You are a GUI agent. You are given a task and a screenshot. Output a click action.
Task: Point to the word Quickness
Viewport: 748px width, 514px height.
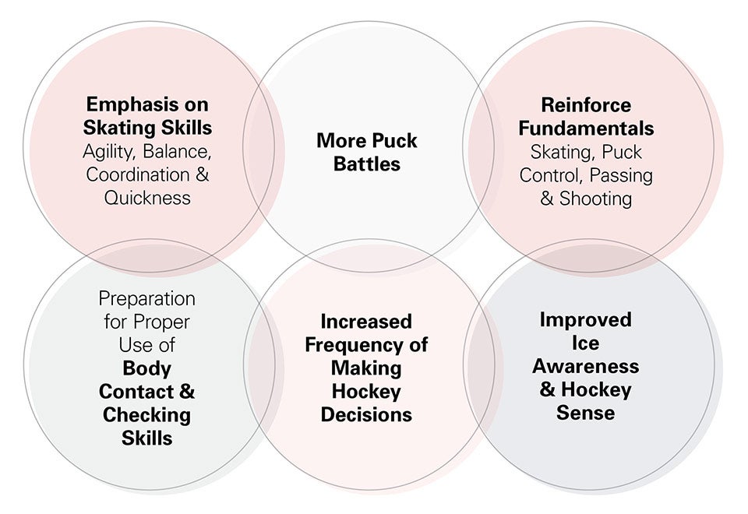point(147,197)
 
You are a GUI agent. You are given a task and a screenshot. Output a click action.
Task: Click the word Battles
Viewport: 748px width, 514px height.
point(367,164)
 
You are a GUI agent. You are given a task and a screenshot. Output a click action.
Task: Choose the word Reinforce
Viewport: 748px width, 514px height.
point(586,105)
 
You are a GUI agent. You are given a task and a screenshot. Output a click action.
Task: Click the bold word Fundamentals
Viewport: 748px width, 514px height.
point(586,128)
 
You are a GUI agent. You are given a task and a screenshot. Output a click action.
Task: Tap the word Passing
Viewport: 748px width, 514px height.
point(621,176)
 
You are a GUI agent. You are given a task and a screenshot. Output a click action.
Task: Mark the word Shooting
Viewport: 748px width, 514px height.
point(595,199)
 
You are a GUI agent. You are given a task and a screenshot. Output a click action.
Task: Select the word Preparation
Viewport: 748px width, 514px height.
point(147,299)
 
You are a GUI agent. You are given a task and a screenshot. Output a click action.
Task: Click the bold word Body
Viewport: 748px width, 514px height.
point(147,368)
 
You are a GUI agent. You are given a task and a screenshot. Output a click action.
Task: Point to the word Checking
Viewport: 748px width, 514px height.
point(147,415)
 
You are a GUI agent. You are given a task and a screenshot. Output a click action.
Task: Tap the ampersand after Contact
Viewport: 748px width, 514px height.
point(187,392)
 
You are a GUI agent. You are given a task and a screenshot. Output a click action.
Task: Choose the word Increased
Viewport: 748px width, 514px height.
point(366,322)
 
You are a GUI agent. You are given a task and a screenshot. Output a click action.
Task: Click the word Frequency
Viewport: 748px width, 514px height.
point(355,345)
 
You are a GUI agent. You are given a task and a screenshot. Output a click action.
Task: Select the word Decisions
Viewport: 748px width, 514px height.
point(366,415)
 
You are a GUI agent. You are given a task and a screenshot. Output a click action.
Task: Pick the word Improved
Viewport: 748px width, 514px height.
point(586,320)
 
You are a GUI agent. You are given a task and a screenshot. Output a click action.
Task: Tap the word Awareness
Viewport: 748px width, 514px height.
point(586,366)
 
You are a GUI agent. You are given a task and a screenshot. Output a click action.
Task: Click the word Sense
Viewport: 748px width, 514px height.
point(586,413)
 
